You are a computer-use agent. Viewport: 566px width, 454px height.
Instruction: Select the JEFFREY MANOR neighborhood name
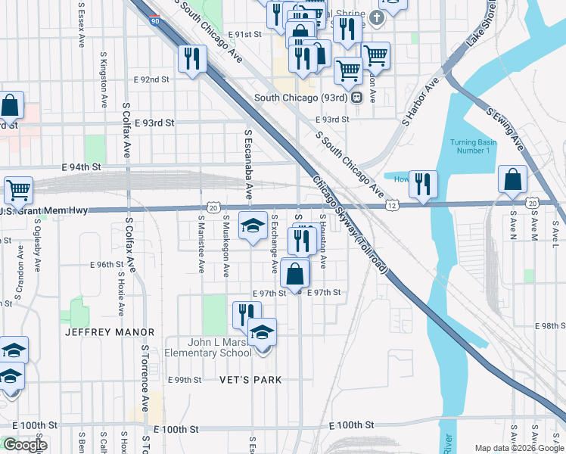(x=110, y=332)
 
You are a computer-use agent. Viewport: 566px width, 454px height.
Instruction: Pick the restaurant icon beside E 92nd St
(x=191, y=58)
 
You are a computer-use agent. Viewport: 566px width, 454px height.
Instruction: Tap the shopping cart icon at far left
(x=18, y=189)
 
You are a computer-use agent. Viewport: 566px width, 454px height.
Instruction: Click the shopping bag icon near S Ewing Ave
(x=512, y=179)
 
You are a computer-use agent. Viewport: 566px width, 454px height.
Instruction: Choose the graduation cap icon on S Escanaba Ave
(x=253, y=225)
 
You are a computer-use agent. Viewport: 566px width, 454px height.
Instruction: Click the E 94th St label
(x=65, y=168)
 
